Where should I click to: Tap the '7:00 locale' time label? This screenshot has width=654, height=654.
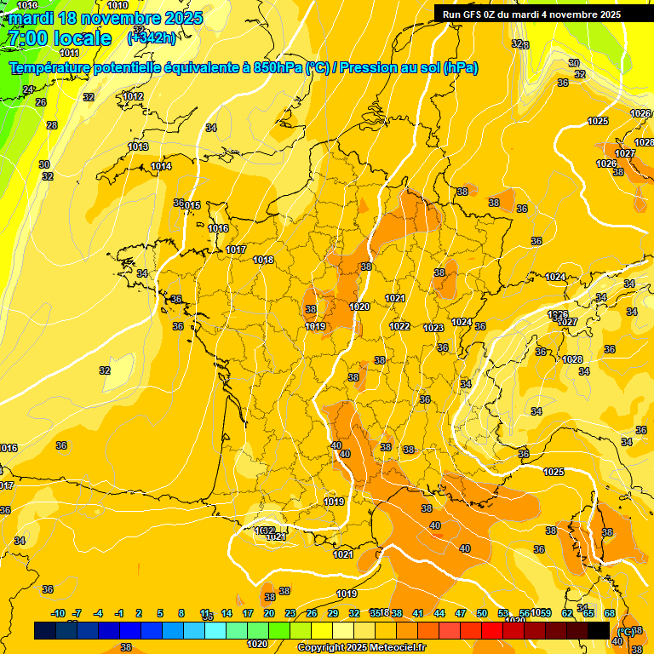coord(59,38)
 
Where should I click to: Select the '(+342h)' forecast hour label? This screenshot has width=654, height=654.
coord(151,38)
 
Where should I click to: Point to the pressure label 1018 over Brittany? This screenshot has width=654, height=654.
coord(263,260)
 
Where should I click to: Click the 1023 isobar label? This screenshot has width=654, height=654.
coord(433,328)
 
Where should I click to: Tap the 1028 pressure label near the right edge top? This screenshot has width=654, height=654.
coord(645,142)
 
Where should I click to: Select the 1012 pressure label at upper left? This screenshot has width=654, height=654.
coord(133,96)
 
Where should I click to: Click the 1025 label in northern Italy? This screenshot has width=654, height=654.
coord(554,472)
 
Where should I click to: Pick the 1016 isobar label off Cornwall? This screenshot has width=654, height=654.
coord(218,228)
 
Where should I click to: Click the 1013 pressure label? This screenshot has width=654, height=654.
coord(138,146)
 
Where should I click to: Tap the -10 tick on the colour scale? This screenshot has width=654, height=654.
coord(58,613)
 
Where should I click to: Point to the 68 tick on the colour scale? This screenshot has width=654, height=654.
coord(610,613)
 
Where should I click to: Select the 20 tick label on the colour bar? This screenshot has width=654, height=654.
coord(268,613)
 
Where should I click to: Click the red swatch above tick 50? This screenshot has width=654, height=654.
coord(492,630)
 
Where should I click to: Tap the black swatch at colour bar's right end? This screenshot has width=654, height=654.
coord(599,630)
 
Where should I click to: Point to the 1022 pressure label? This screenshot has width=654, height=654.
coord(399,326)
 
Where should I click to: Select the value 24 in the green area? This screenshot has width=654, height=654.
coord(28,89)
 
